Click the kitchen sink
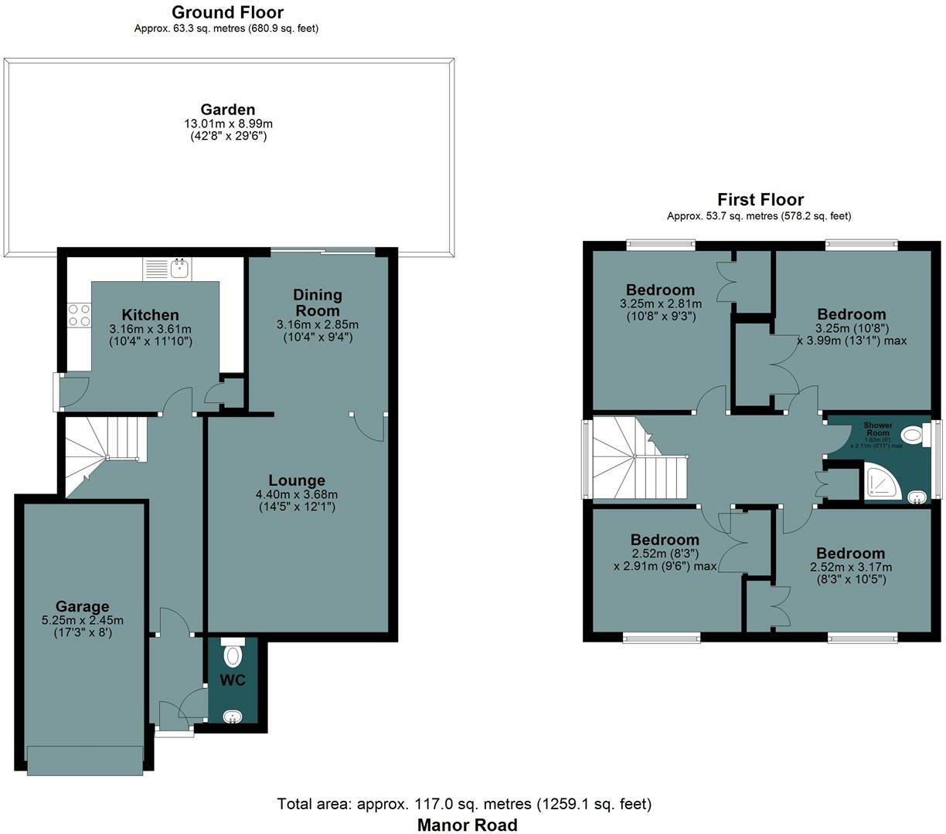179,269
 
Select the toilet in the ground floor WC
233,655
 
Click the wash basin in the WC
232,717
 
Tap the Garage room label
81,606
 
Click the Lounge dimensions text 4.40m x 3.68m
296,494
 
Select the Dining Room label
317,302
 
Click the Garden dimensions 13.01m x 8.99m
228,124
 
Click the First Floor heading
761,200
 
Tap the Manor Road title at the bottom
467,824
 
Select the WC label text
233,680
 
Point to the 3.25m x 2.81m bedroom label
660,304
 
